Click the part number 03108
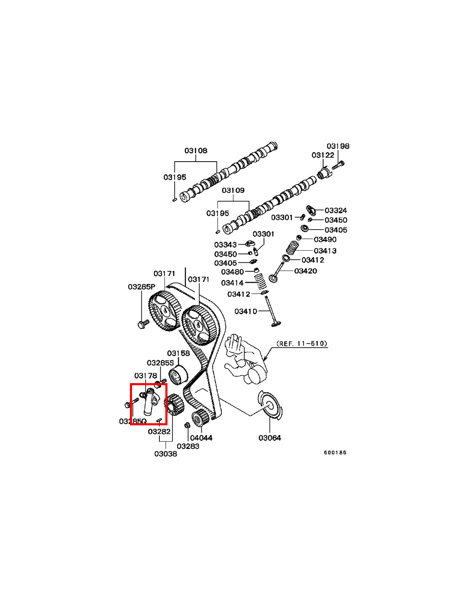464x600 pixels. (x=196, y=151)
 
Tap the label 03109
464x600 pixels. (x=233, y=190)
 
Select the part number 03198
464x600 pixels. (x=338, y=146)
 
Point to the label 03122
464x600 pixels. (x=323, y=155)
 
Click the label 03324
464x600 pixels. (x=336, y=210)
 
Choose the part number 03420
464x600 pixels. (x=305, y=271)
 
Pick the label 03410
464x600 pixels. (x=245, y=311)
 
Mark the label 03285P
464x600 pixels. (x=142, y=287)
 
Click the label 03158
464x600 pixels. (x=178, y=353)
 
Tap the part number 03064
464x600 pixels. (x=270, y=438)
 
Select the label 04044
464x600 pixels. (x=201, y=438)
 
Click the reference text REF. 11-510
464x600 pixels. (x=302, y=343)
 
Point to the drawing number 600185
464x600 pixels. (x=335, y=452)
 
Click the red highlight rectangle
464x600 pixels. (x=148, y=404)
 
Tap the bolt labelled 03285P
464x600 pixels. (x=142, y=324)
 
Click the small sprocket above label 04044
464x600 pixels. (x=198, y=419)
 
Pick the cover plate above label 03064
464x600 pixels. (x=270, y=405)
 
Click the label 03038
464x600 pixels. (x=165, y=454)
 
